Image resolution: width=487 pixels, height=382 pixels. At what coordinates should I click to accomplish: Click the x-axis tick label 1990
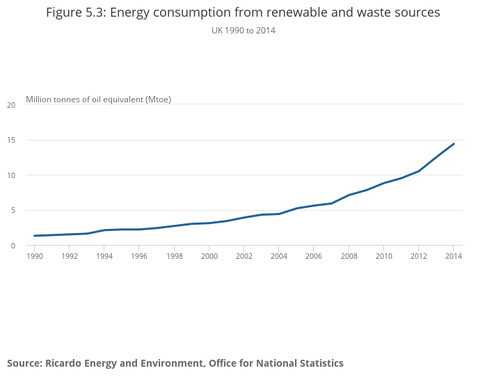pyautogui.click(x=34, y=256)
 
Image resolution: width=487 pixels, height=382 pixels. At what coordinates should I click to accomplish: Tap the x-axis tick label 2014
pyautogui.click(x=453, y=256)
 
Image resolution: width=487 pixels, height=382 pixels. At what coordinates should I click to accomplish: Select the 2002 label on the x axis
pyautogui.click(x=243, y=256)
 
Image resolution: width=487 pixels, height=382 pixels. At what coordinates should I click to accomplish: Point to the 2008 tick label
pyautogui.click(x=349, y=256)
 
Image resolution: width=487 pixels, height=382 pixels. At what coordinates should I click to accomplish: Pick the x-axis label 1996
pyautogui.click(x=139, y=256)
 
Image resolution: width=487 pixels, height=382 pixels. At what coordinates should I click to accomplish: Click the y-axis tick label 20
pyautogui.click(x=10, y=105)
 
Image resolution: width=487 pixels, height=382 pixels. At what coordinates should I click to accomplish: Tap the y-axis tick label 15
pyautogui.click(x=10, y=140)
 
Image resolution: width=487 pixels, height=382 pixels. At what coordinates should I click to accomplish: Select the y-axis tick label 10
pyautogui.click(x=10, y=175)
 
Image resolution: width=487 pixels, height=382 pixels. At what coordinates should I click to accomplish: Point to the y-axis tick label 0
pyautogui.click(x=13, y=246)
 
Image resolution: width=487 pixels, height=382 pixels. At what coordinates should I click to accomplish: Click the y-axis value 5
pyautogui.click(x=13, y=210)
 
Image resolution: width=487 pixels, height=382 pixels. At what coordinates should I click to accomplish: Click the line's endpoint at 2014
pyautogui.click(x=454, y=144)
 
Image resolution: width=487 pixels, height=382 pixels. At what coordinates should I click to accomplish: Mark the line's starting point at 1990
pyautogui.click(x=34, y=236)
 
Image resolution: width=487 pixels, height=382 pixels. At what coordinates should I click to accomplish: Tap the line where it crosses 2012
pyautogui.click(x=418, y=171)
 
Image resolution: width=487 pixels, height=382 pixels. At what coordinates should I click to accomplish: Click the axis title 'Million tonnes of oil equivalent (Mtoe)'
pyautogui.click(x=98, y=100)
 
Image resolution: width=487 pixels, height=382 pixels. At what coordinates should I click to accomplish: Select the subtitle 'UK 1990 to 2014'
pyautogui.click(x=243, y=31)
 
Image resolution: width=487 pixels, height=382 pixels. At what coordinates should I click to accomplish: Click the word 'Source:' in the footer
pyautogui.click(x=24, y=363)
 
